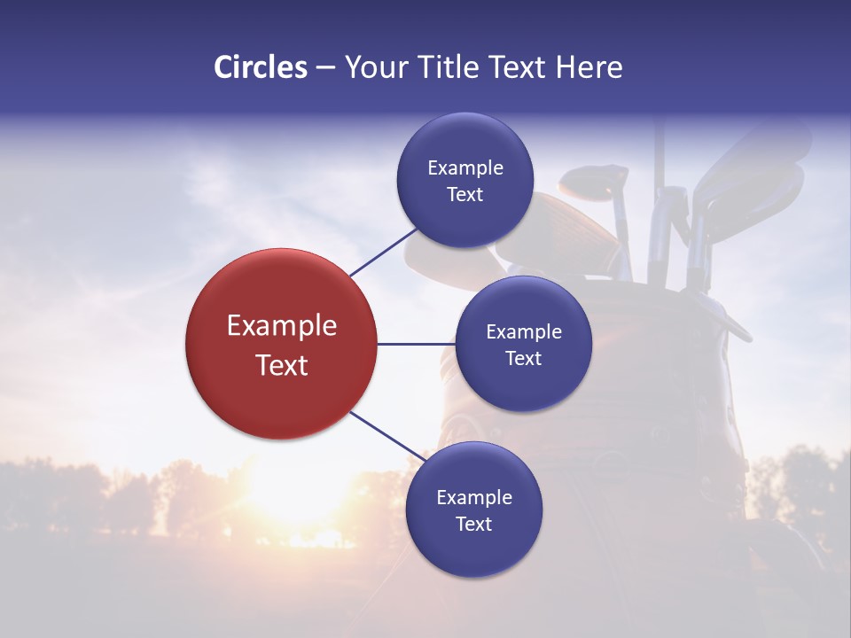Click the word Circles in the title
[x=261, y=67]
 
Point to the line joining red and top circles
[x=383, y=252]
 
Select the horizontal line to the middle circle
[x=416, y=344]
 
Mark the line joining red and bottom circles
[x=388, y=436]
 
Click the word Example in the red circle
[x=282, y=326]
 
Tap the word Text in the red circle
[x=282, y=365]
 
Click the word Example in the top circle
[x=465, y=168]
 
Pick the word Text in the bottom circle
[x=473, y=525]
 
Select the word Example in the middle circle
[x=524, y=332]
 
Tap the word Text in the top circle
[x=465, y=195]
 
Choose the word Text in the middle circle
[x=523, y=359]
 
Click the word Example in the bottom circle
[x=474, y=498]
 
